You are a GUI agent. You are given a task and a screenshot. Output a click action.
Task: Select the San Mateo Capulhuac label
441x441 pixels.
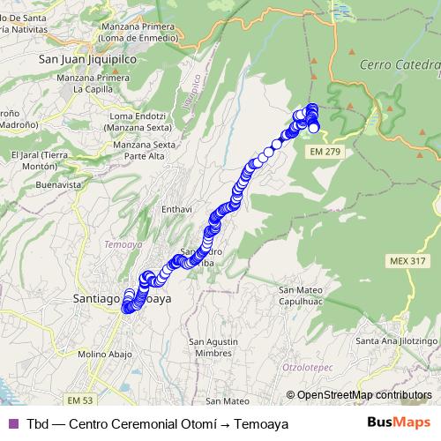[296, 296]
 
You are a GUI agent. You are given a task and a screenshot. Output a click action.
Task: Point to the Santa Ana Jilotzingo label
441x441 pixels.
[396, 340]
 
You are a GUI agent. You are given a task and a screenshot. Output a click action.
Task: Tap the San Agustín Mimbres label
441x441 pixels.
[213, 347]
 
